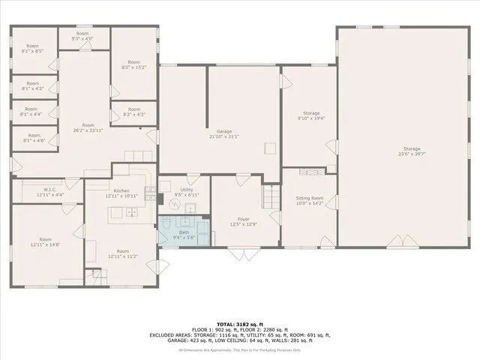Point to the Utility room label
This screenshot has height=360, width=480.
pos(187,190)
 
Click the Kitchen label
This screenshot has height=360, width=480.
pos(121,190)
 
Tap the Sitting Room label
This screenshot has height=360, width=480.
pos(309,198)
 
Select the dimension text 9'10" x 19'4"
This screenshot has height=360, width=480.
pos(310,118)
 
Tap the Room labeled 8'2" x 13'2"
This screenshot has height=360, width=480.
pos(133,64)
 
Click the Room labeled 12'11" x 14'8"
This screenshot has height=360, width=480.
pos(45,241)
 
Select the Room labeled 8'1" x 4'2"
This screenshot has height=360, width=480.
pos(34,85)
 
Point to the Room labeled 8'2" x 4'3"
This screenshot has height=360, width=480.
pos(133,112)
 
